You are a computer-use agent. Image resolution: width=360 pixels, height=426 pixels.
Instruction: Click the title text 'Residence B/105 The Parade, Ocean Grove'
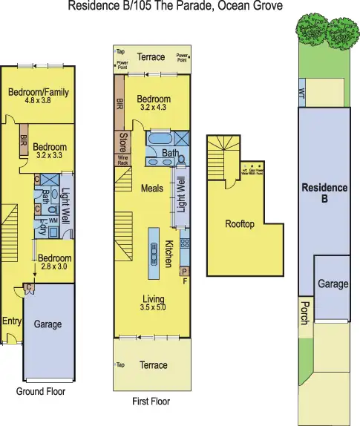[x=175, y=7]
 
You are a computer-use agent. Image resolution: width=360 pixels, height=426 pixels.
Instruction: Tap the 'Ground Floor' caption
[x=41, y=391]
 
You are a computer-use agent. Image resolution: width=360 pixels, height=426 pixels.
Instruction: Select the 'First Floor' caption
[x=151, y=402]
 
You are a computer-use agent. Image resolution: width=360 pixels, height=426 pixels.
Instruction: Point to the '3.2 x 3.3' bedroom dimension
[x=50, y=157]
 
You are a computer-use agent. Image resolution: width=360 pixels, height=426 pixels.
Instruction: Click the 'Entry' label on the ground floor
[x=12, y=321]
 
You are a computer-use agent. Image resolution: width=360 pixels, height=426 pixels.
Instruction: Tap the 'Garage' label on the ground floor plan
[x=48, y=324]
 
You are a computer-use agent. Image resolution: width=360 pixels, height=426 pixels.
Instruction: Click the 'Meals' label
[x=152, y=189]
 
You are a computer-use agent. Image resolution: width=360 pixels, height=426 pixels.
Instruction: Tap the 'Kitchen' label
[x=169, y=253]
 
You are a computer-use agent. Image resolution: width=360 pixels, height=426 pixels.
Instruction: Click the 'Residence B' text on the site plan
[x=324, y=193]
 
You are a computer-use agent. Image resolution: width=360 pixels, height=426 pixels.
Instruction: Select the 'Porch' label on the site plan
[x=304, y=312]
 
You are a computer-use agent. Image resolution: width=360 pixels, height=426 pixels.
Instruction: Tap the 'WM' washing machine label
[x=53, y=221]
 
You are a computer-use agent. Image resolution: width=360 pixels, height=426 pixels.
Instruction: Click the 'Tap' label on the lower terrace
[x=120, y=364]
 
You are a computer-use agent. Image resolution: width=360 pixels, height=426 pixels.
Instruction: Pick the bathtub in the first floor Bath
[x=160, y=140]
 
